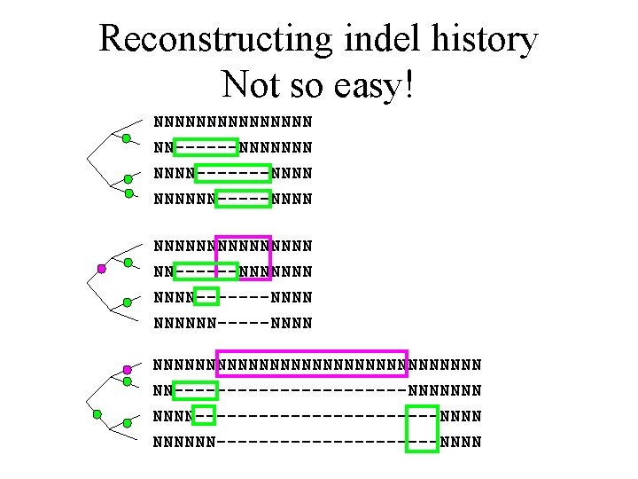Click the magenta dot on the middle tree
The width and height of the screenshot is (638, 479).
(102, 268)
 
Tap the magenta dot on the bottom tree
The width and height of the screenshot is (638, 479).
(128, 369)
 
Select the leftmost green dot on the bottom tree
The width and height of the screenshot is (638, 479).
(98, 413)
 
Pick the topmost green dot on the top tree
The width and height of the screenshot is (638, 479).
(127, 138)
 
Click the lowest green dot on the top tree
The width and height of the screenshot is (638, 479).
(128, 192)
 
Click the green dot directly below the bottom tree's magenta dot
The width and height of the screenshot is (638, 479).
(128, 382)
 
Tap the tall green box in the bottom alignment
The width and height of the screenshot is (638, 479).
(422, 428)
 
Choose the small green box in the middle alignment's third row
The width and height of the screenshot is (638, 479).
(206, 295)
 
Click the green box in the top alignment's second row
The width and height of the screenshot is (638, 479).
(206, 146)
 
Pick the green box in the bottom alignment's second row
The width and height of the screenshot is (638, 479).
(196, 389)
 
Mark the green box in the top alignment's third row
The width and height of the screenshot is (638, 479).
(232, 172)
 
